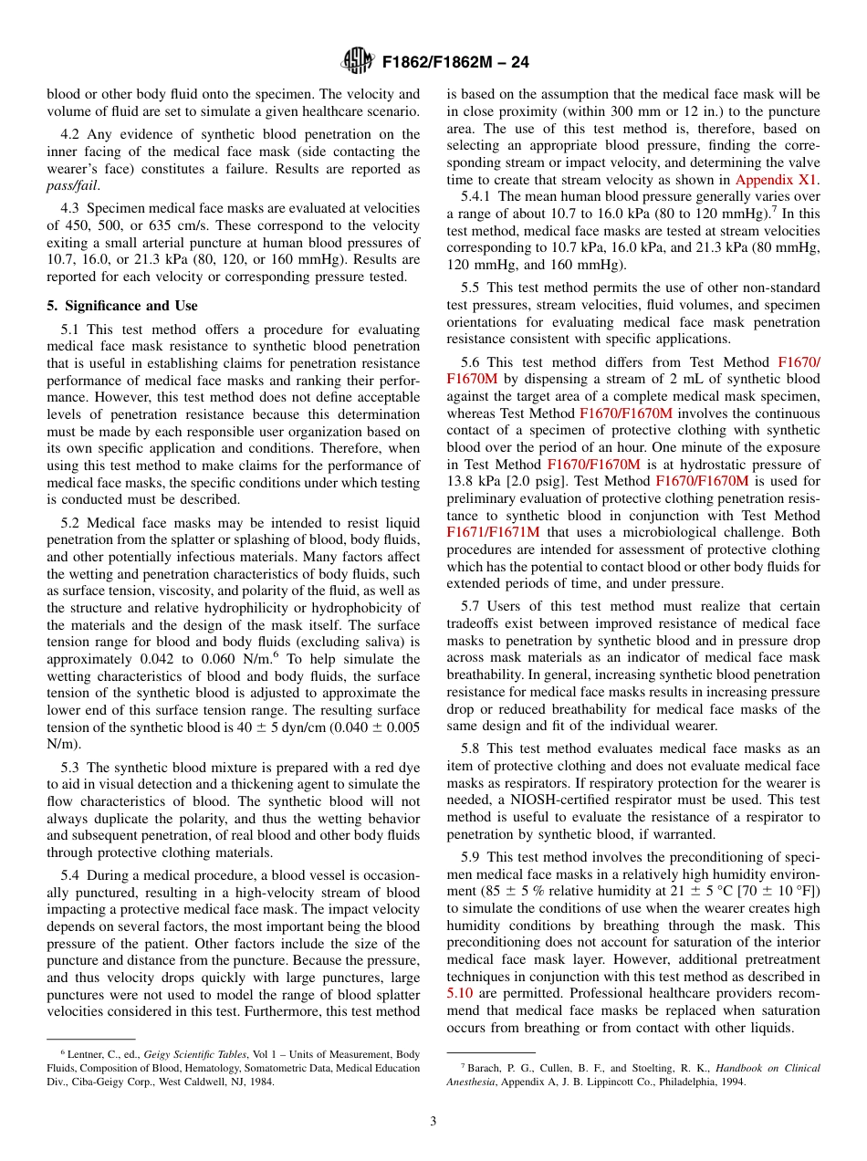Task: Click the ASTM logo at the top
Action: point(357,61)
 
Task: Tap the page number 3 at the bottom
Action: point(433,1121)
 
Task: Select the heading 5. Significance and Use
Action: point(122,306)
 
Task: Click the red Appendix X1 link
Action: point(777,180)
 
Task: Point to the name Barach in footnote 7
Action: point(482,1068)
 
